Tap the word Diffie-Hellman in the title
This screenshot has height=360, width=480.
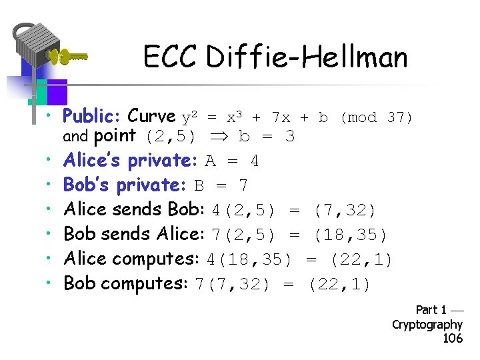point(307,57)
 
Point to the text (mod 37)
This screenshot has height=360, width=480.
point(377,117)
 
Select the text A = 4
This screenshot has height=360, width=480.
point(232,161)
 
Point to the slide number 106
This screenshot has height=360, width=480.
point(453,339)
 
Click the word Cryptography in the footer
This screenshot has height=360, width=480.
point(427,325)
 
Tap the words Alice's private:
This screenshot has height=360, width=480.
point(127,161)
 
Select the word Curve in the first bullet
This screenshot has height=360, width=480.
point(151,117)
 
